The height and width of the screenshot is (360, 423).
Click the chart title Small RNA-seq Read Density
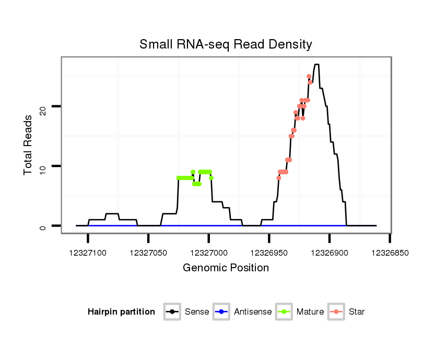(x=226, y=44)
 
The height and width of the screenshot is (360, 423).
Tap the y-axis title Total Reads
(x=29, y=145)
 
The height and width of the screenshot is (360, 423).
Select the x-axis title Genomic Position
(x=226, y=268)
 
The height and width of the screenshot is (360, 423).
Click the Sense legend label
(x=197, y=312)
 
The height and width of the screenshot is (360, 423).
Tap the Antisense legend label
(x=253, y=312)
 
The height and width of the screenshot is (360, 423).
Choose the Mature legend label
(x=310, y=312)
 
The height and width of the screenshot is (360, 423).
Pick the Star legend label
(x=356, y=312)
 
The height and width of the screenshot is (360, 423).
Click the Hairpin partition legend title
(x=121, y=312)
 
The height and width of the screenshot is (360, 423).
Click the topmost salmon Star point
(x=309, y=76)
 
